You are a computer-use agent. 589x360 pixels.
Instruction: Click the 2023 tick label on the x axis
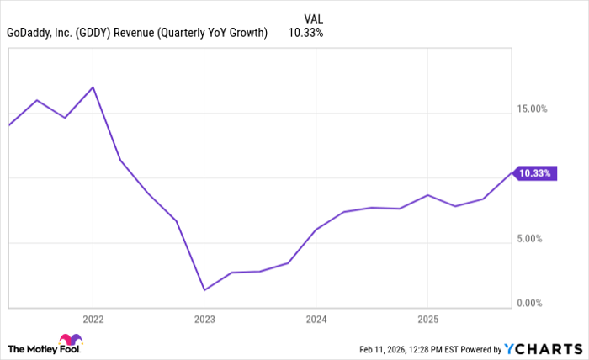click(x=204, y=320)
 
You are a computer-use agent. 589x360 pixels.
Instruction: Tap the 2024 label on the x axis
click(x=316, y=320)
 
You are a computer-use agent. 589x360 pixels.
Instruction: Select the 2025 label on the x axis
click(x=427, y=320)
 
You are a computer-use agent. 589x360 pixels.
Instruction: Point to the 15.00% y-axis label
click(x=532, y=109)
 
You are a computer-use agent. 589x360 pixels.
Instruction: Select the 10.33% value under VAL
click(x=305, y=33)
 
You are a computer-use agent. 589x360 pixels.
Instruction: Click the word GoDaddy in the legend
click(x=29, y=33)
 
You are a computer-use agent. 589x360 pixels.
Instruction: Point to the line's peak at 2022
click(x=93, y=87)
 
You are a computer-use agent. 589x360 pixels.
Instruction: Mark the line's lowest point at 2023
click(x=204, y=290)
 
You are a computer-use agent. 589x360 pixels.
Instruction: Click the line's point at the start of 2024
click(x=316, y=229)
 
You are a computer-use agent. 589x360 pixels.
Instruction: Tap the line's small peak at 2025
click(x=427, y=195)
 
